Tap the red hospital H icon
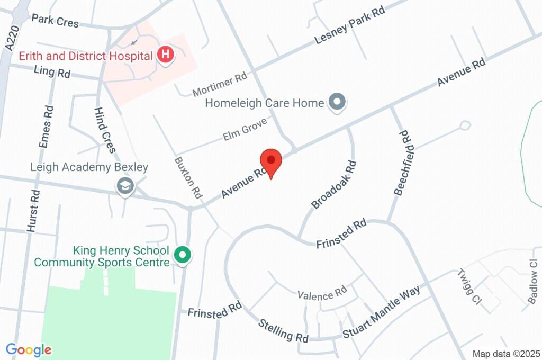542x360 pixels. coord(166,55)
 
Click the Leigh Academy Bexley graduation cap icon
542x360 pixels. coord(125,186)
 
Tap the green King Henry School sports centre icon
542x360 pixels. coord(183,255)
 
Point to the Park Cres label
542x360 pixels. coord(55,21)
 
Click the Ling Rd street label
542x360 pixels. coord(52,71)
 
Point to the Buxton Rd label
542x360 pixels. coord(189,177)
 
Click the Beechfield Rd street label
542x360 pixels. coord(402,163)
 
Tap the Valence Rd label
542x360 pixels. coord(321,294)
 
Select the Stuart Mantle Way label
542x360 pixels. coord(381,312)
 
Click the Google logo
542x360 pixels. coord(29,349)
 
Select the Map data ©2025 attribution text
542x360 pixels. coord(506,354)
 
